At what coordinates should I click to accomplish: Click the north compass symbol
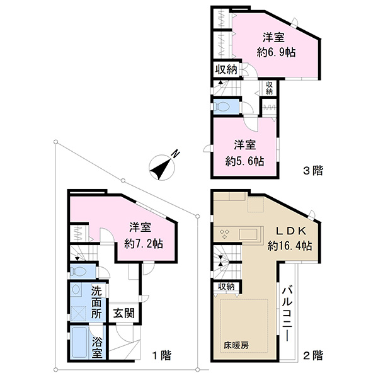pyautogui.click(x=162, y=167)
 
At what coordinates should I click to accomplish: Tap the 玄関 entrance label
pyautogui.click(x=124, y=313)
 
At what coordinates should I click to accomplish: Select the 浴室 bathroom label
pyautogui.click(x=96, y=348)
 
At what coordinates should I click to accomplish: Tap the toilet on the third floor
pyautogui.click(x=222, y=106)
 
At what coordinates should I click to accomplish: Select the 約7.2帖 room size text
pyautogui.click(x=144, y=244)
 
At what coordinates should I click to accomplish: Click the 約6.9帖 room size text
pyautogui.click(x=276, y=52)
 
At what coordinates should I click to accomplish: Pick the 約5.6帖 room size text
pyautogui.click(x=244, y=161)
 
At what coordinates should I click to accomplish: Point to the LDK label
pyautogui.click(x=291, y=231)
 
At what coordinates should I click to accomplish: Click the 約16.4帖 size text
pyautogui.click(x=290, y=246)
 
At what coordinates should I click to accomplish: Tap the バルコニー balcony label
pyautogui.click(x=287, y=314)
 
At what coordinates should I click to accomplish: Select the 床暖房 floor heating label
pyautogui.click(x=236, y=346)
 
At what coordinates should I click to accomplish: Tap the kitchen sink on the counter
pyautogui.click(x=248, y=234)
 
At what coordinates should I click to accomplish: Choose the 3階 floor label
pyautogui.click(x=312, y=171)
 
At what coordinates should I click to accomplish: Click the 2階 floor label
pyautogui.click(x=312, y=355)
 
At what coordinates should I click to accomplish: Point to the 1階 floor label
pyautogui.click(x=162, y=355)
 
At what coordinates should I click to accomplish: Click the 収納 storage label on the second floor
pyautogui.click(x=226, y=287)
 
